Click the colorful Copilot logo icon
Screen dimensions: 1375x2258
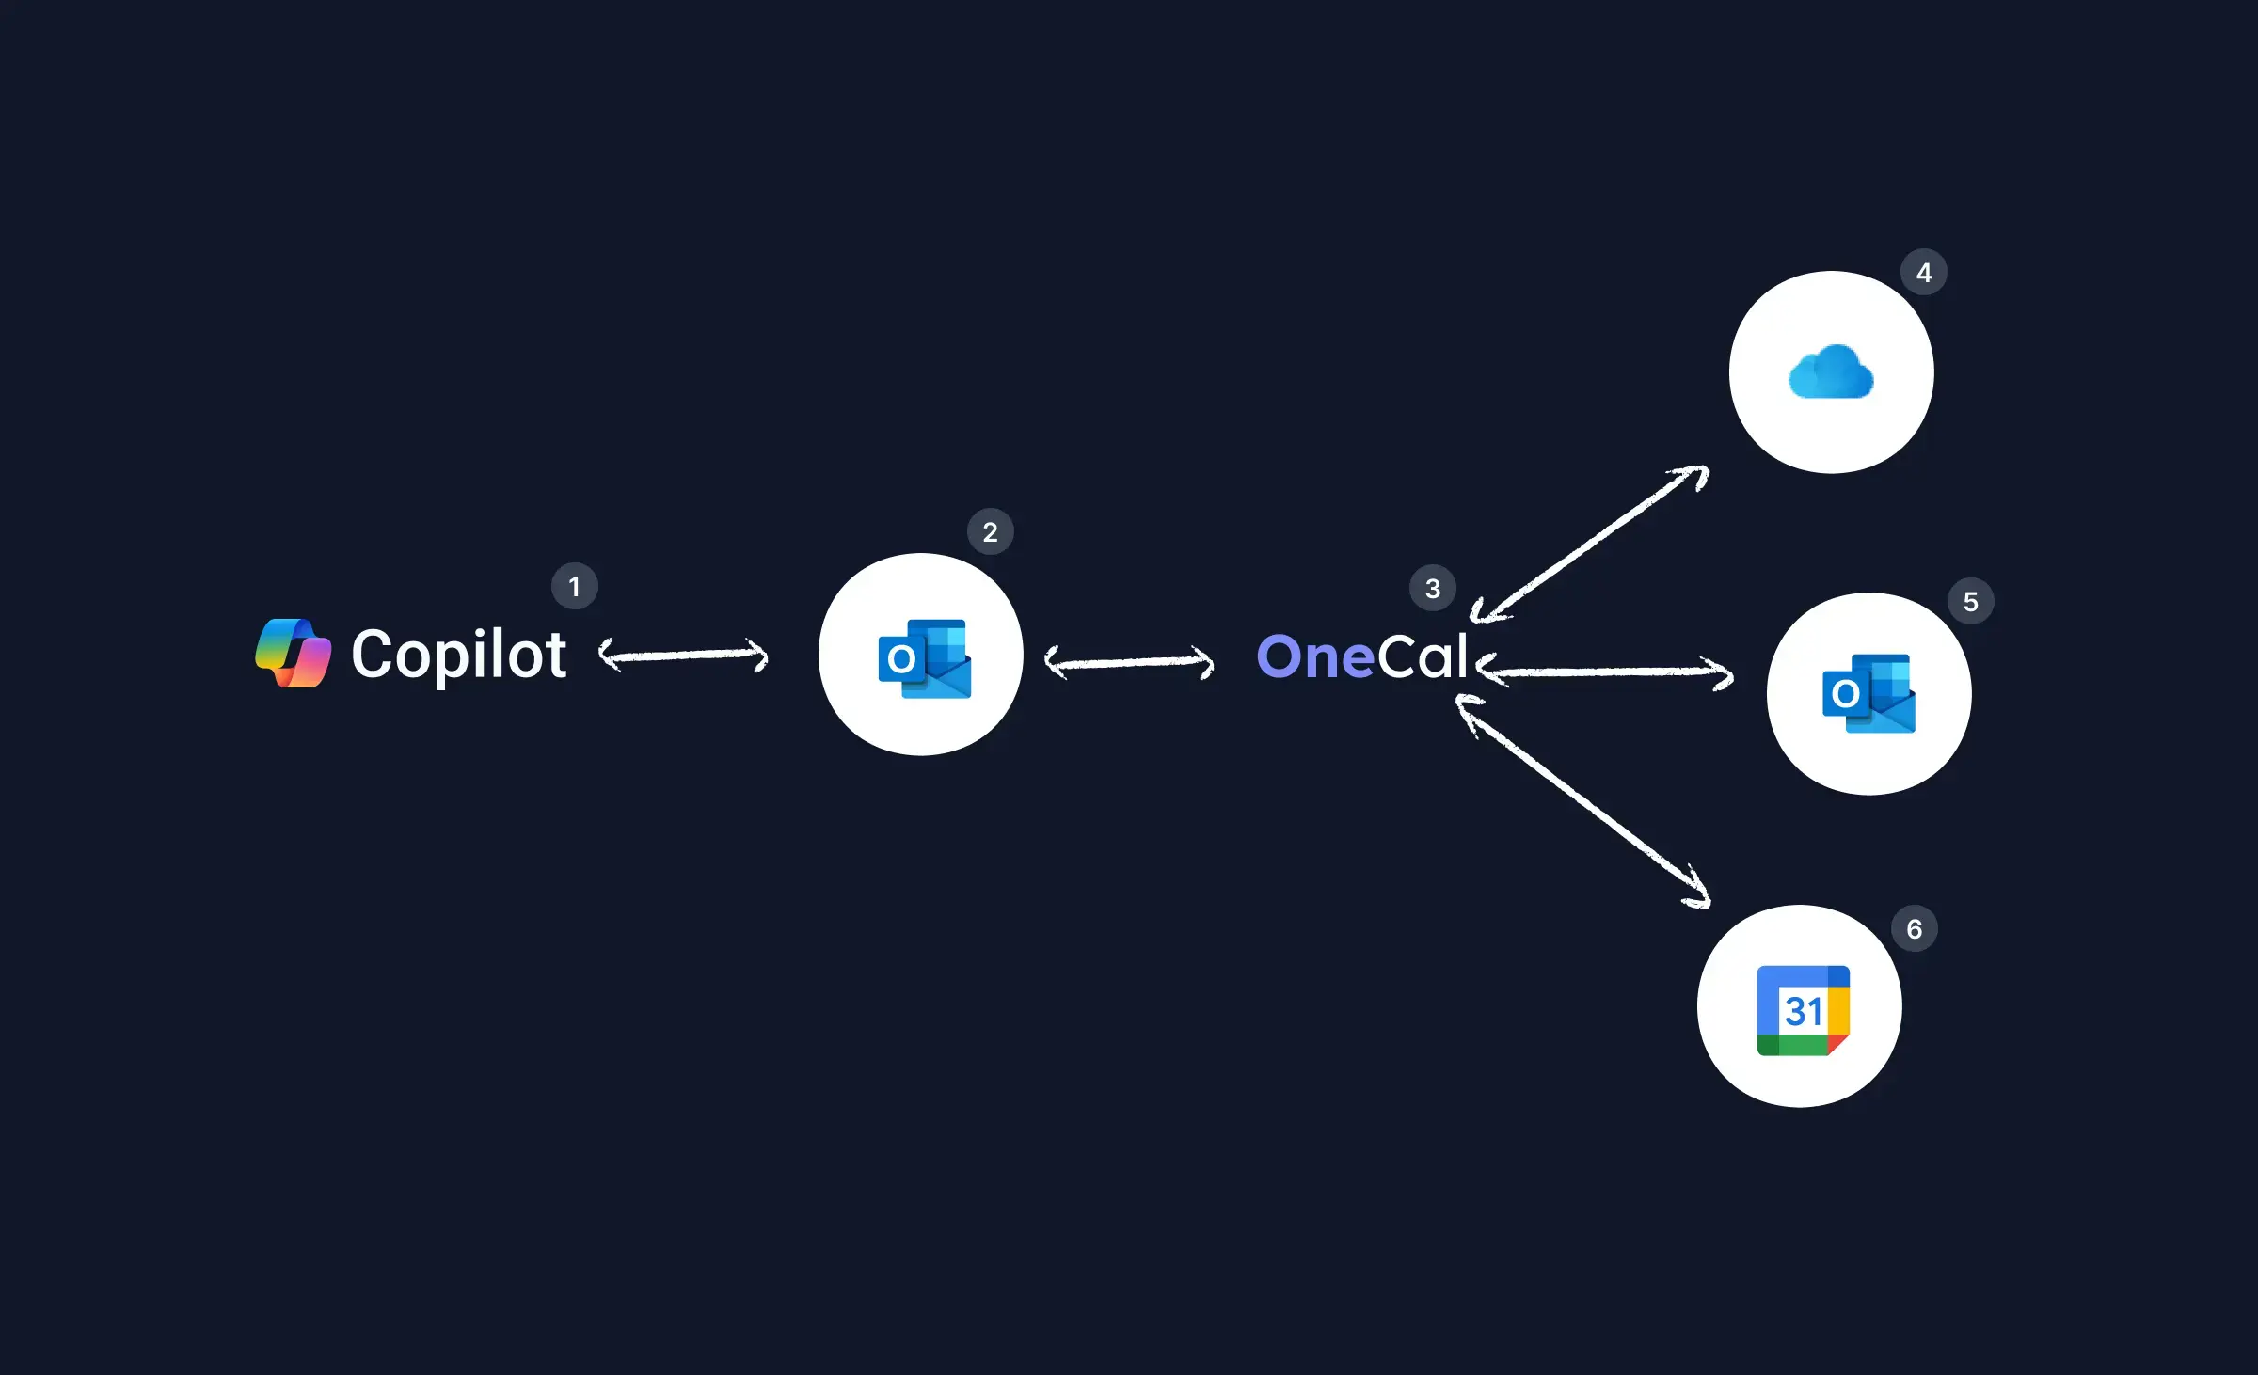click(294, 654)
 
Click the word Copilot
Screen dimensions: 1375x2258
click(458, 655)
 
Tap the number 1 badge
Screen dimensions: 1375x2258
click(574, 587)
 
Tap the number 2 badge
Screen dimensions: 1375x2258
click(990, 532)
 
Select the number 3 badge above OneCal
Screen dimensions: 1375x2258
click(1432, 589)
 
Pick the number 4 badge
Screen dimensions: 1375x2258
click(1923, 273)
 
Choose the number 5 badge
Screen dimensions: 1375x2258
click(1970, 602)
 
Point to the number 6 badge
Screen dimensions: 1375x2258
click(1914, 929)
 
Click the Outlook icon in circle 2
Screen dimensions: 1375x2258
click(924, 658)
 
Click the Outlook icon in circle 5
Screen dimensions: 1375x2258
click(1868, 694)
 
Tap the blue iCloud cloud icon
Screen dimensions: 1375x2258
click(1831, 372)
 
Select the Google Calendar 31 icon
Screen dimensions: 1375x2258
click(1803, 1011)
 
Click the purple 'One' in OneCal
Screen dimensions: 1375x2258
click(1315, 656)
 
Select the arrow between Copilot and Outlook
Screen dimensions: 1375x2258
click(684, 656)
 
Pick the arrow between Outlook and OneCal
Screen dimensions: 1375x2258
click(1129, 663)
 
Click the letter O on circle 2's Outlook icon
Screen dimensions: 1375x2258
click(900, 659)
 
